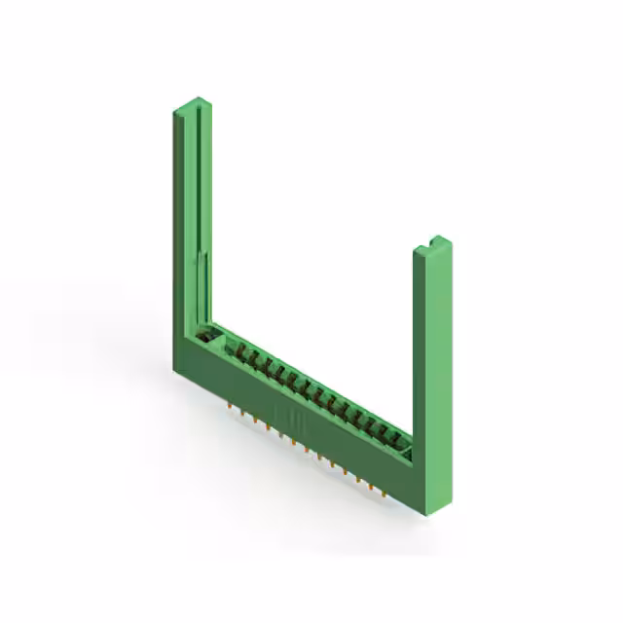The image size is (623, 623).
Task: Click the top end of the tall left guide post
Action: tap(193, 104)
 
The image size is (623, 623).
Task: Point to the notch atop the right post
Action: tap(433, 239)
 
